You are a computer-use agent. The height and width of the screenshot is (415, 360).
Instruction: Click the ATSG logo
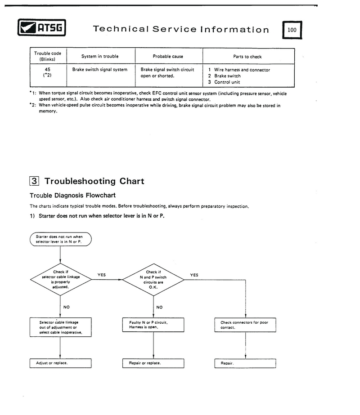[x=41, y=27]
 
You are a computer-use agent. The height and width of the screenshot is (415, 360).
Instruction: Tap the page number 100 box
[x=292, y=30]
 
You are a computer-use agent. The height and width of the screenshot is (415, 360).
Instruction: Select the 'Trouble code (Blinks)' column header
[x=48, y=56]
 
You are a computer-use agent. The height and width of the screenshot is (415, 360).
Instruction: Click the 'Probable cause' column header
[x=168, y=56]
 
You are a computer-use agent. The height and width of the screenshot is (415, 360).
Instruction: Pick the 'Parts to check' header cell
[x=247, y=56]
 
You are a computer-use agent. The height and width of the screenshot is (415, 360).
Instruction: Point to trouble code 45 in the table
[x=47, y=69]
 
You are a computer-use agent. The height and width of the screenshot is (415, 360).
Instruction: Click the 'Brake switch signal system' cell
[x=100, y=69]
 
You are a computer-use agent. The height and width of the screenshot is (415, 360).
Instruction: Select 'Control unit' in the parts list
[x=227, y=82]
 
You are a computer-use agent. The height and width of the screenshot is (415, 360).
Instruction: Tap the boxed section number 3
[x=34, y=181]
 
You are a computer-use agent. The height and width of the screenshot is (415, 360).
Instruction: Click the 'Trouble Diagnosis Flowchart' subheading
[x=72, y=195]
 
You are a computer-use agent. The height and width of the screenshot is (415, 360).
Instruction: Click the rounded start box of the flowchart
[x=61, y=239]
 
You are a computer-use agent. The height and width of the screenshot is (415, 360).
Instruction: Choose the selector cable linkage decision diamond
[x=61, y=279]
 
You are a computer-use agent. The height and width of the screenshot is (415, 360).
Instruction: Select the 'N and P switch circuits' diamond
[x=153, y=280]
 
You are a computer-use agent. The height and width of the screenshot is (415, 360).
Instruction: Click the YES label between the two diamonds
[x=101, y=275]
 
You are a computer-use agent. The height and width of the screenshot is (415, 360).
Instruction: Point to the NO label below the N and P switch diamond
[x=159, y=307]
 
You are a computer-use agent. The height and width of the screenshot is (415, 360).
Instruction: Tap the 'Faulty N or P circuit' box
[x=153, y=325]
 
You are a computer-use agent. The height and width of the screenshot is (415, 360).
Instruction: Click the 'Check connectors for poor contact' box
[x=245, y=325]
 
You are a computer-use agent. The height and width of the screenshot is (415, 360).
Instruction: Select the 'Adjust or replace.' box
[x=61, y=363]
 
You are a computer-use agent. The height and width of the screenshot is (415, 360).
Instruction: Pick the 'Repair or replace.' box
[x=153, y=363]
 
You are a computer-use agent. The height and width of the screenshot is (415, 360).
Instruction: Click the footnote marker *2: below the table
[x=33, y=105]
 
